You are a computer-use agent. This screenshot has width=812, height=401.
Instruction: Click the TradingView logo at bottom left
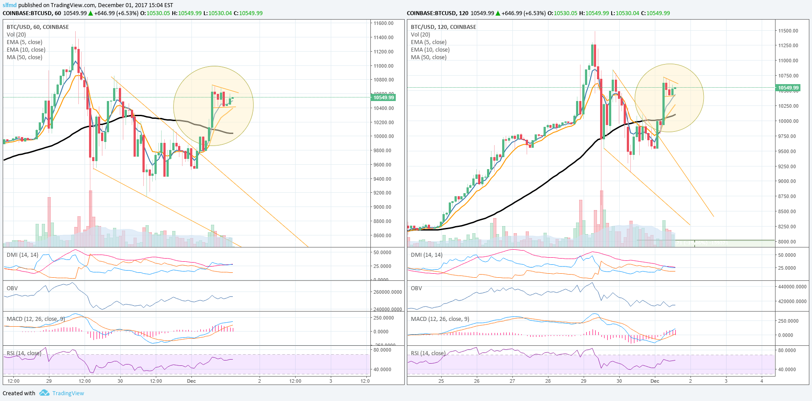[x=44, y=393]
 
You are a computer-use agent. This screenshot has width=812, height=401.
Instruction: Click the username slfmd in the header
[x=9, y=5]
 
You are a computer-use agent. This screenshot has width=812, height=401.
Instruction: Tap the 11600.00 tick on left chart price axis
[x=383, y=23]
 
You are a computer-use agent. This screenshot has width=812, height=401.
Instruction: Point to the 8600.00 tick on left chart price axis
[x=383, y=235]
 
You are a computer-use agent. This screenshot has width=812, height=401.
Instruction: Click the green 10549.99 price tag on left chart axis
[x=383, y=97]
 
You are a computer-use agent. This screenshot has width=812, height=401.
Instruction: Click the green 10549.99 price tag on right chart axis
[x=788, y=88]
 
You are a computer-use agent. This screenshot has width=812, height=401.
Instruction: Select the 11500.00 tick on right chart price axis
[x=788, y=31]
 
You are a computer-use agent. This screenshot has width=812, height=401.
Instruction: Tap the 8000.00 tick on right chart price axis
[x=787, y=242]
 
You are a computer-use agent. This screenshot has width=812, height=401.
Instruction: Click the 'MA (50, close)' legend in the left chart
[x=24, y=57]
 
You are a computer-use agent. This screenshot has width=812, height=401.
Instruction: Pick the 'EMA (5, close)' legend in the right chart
[x=428, y=42]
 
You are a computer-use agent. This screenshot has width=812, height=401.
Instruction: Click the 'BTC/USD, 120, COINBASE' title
[x=443, y=27]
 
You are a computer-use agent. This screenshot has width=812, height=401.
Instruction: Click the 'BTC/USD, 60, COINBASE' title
[x=38, y=27]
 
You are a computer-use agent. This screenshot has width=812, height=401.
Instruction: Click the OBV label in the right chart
[x=416, y=288]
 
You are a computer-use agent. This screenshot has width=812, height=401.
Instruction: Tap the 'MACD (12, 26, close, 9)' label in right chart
[x=440, y=319]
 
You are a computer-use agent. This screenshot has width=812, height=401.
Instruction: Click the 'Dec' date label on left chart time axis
[x=191, y=381]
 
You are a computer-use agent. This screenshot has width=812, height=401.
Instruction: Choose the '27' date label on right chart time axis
[x=512, y=381]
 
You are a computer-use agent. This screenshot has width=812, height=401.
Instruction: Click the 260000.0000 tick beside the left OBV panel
[x=387, y=292]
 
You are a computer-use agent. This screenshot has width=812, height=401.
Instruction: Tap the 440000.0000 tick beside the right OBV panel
[x=792, y=287]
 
